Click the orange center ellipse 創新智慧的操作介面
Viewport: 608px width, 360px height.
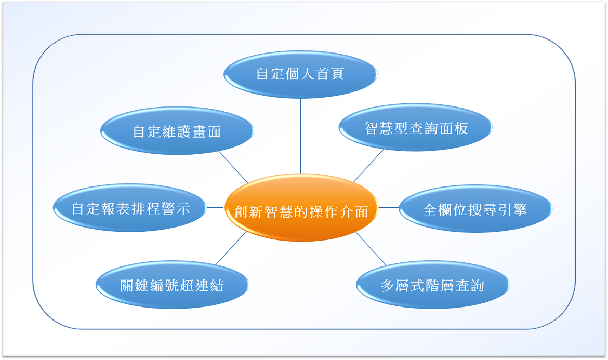coord(301,207)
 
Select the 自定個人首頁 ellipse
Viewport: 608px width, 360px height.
coord(300,74)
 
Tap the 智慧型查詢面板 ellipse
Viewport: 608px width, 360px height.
coord(416,127)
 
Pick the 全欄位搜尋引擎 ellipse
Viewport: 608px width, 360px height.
coord(475,208)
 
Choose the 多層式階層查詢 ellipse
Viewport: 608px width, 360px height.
coord(433,285)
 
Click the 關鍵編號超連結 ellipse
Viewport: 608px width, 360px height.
coord(172,285)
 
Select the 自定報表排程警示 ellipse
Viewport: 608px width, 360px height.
coord(130,208)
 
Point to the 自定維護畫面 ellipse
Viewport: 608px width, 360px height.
coord(177,130)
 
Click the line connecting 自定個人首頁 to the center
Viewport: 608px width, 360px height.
coord(300,136)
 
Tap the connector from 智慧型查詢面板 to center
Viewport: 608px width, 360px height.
coord(368,166)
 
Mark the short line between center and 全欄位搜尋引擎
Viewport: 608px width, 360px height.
coord(389,207)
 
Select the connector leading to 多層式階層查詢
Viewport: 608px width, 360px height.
coord(371,249)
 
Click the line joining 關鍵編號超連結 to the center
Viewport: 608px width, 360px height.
coord(231,248)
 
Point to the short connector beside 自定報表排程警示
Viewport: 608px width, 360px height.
coord(216,207)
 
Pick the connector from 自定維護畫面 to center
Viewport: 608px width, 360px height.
coord(233,167)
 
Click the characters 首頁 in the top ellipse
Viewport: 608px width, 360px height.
coord(331,74)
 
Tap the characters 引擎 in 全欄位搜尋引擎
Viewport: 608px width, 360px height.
coord(512,210)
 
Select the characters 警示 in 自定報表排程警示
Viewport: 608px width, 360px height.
coord(176,208)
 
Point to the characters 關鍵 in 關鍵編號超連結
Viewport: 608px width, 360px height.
coord(134,286)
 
